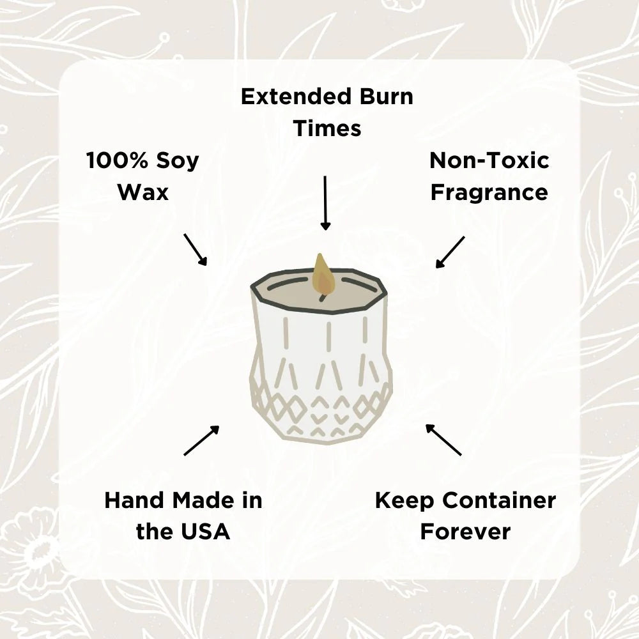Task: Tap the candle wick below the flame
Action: (x=323, y=295)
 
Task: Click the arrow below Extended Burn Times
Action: (x=326, y=203)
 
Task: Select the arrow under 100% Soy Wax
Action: (x=196, y=249)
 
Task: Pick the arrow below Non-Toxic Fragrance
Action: (x=450, y=252)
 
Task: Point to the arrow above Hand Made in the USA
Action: (x=201, y=440)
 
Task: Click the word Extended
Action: (x=293, y=97)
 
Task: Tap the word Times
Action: (x=327, y=128)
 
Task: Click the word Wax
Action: (x=143, y=192)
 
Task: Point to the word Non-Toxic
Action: (x=489, y=160)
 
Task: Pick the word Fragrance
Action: (x=489, y=192)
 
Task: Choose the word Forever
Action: (x=465, y=531)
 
